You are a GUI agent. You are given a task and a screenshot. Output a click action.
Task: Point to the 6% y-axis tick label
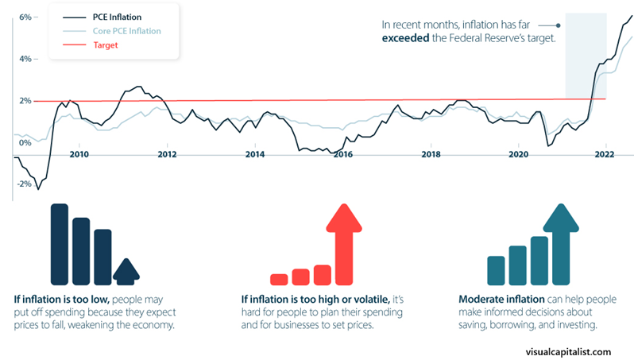pyautogui.click(x=25, y=17)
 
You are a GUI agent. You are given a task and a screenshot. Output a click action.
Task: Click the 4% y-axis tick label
pyautogui.click(x=25, y=59)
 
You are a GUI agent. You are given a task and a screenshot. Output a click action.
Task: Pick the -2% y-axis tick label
pyautogui.click(x=23, y=184)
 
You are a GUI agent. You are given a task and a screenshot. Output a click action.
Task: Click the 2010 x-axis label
pyautogui.click(x=79, y=154)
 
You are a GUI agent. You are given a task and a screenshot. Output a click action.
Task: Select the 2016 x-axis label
pyautogui.click(x=342, y=154)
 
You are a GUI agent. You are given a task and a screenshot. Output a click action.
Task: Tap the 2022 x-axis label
pyautogui.click(x=605, y=154)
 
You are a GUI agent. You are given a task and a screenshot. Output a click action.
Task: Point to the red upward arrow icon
pyautogui.click(x=343, y=242)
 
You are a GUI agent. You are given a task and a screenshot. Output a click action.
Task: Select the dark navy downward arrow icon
pyautogui.click(x=125, y=272)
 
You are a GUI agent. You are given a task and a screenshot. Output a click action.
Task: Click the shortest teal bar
pyautogui.click(x=497, y=269)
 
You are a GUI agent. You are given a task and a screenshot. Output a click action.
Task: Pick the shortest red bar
pyautogui.click(x=279, y=279)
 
